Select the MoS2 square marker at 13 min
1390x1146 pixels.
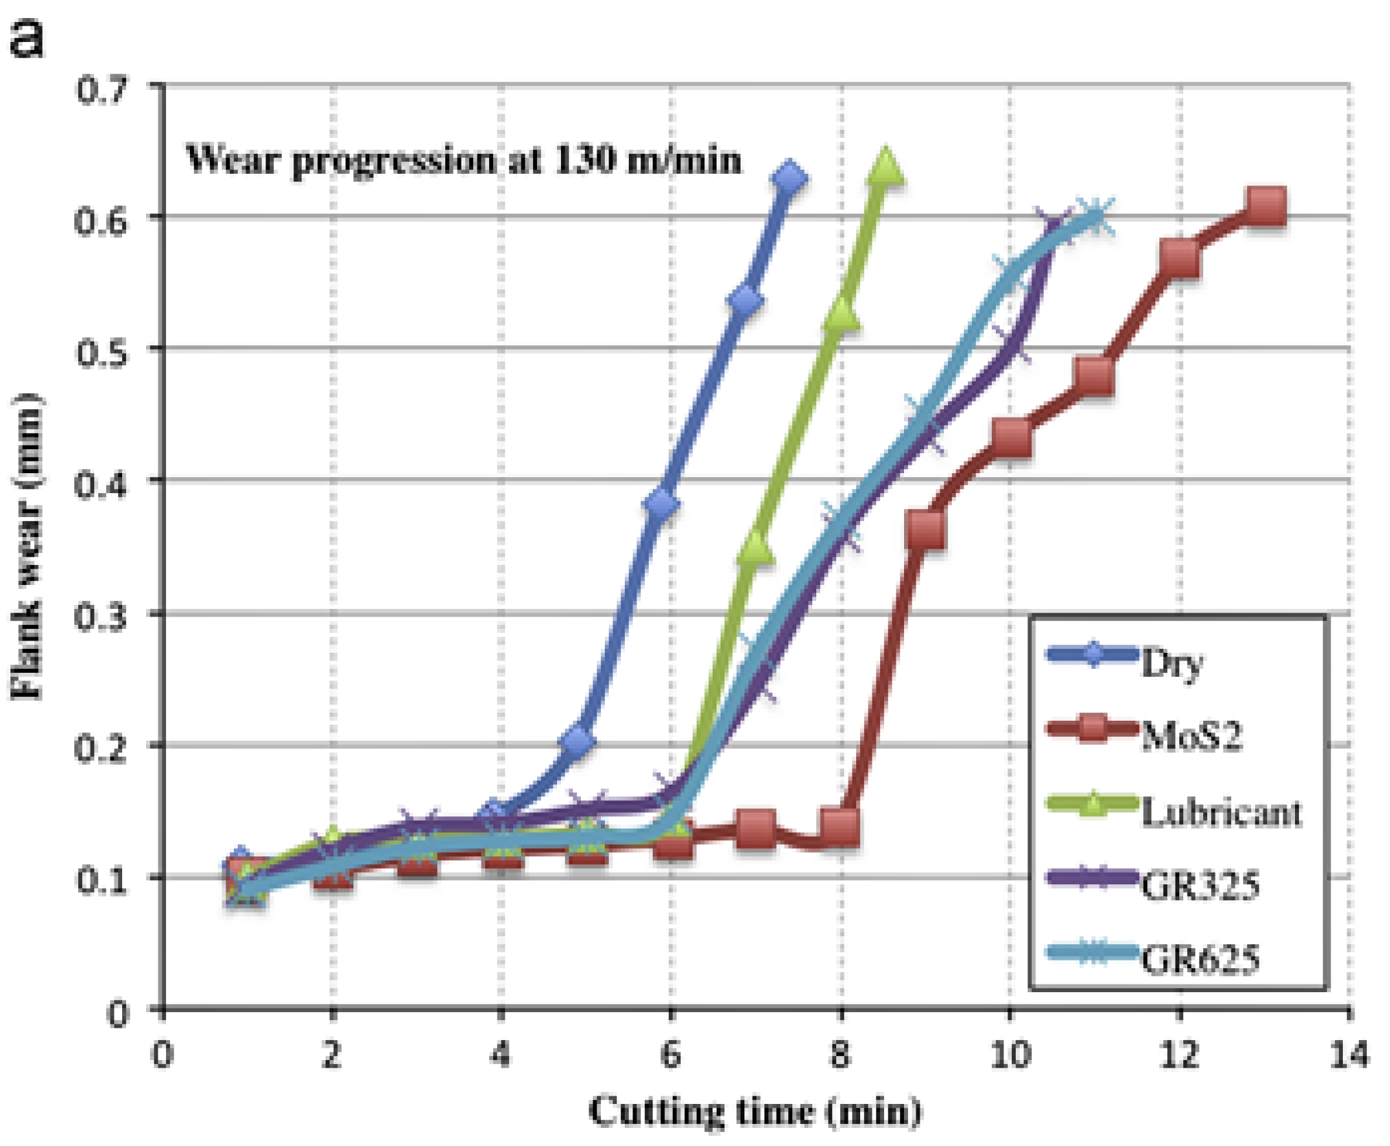click(1265, 206)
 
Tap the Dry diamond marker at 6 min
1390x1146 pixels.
click(662, 504)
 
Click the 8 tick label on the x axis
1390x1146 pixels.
click(840, 1054)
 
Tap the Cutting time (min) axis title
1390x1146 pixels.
click(754, 1112)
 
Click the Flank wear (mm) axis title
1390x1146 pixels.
click(26, 547)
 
